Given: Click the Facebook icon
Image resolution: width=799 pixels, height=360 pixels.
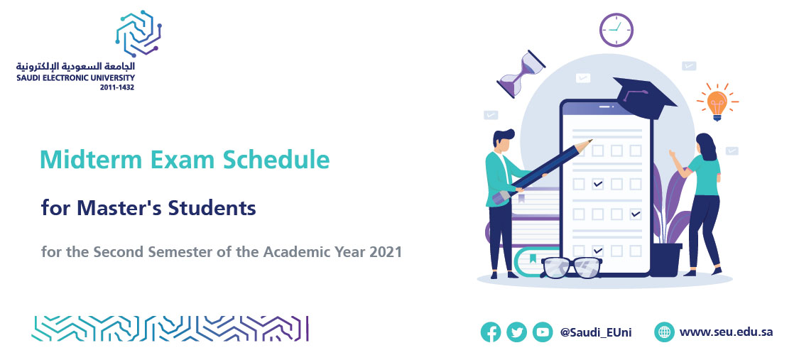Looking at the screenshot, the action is [x=490, y=332].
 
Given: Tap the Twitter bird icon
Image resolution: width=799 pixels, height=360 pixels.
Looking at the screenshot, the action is [x=517, y=332].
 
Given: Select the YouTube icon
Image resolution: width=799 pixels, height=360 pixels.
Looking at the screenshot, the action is [x=543, y=332].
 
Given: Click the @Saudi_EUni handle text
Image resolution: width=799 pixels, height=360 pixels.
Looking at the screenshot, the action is [x=596, y=332].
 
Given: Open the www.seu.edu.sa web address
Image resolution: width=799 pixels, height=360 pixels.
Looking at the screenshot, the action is [x=726, y=332].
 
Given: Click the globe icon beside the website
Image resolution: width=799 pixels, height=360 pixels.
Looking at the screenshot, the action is [x=665, y=332].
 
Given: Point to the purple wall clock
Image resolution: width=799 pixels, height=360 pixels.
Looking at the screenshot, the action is [x=616, y=30].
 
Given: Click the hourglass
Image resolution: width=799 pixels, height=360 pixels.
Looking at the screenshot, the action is [x=521, y=74].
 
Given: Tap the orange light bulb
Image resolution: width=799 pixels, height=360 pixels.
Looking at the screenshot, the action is [x=717, y=103].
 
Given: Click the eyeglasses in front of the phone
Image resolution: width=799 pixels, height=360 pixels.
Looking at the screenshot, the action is [x=572, y=267].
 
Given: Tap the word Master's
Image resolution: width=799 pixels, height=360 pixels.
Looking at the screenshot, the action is [x=120, y=208].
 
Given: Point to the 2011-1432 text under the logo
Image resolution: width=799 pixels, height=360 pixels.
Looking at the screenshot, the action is [x=117, y=87].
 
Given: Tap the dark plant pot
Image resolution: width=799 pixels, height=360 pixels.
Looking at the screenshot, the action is [x=665, y=260].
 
